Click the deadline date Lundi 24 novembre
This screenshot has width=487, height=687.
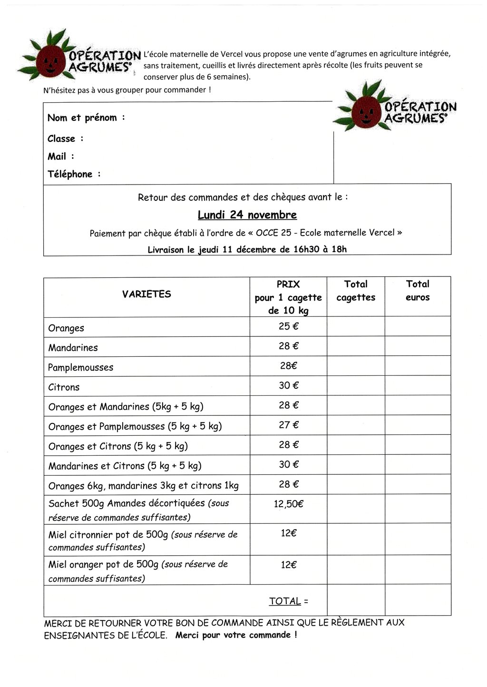(247, 215)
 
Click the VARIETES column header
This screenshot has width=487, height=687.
(146, 294)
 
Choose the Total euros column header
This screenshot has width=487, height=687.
(418, 291)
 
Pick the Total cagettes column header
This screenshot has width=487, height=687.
(356, 291)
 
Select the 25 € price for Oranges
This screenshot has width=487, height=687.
(288, 326)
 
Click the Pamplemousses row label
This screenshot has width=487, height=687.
(81, 367)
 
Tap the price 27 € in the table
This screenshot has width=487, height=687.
(288, 425)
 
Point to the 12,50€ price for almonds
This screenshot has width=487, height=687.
(288, 504)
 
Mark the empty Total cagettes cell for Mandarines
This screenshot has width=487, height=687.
(356, 346)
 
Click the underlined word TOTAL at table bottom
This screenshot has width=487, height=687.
(285, 601)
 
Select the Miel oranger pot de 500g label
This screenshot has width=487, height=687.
(103, 565)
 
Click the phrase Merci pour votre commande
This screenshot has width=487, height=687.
(236, 635)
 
